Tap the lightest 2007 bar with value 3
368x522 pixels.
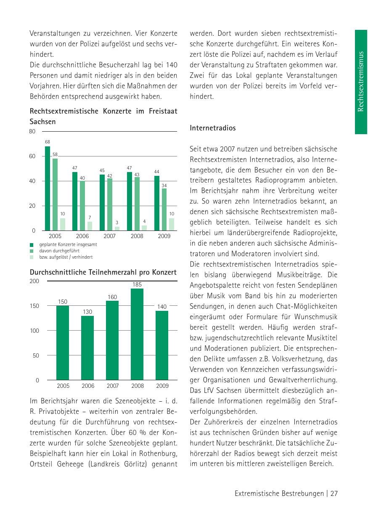117,228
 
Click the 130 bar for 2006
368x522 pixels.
87,348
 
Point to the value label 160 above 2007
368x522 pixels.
112,297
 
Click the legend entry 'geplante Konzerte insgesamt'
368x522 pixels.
68,244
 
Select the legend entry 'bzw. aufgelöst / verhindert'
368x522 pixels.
66,257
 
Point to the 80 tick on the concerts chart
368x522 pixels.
32,132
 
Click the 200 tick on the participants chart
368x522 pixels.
34,281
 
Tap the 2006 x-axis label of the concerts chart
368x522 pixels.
82,236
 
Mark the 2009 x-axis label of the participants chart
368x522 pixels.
162,386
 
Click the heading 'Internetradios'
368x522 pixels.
213,128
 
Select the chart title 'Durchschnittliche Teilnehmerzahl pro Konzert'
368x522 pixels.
103,273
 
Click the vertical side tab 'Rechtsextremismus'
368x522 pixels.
361,82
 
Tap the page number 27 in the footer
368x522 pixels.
334,494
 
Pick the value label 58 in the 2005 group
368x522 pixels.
55,155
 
